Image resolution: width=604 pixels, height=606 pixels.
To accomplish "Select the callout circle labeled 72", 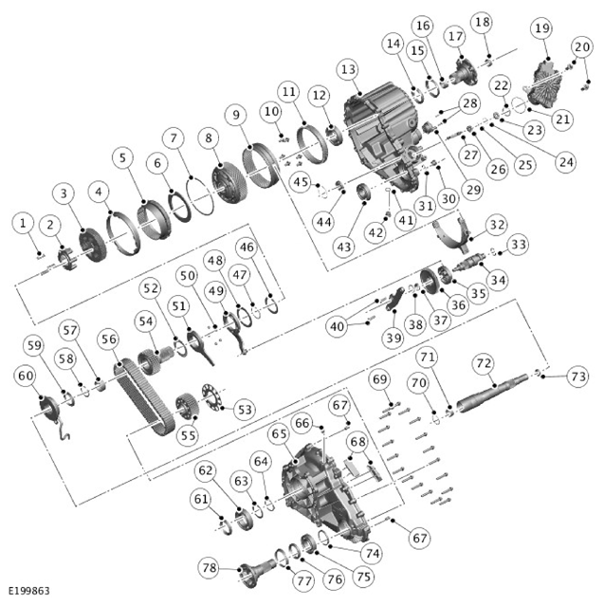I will point(484,362).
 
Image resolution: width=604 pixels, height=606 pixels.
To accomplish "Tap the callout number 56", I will point(109,339).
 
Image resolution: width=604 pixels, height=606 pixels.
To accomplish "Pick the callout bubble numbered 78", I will point(210,567).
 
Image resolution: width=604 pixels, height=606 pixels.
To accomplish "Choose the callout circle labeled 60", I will point(25,376).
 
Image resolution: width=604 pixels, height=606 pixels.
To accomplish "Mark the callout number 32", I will point(496,224).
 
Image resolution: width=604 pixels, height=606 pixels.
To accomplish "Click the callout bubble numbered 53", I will point(245,409).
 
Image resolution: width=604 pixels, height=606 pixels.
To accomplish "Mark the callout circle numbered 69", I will point(380,379).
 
